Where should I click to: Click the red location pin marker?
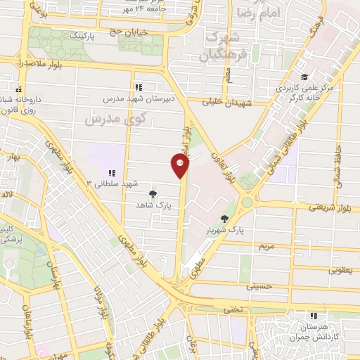click(x=181, y=166)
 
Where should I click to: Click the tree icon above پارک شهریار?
click(x=224, y=219)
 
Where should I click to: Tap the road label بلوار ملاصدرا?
click(x=39, y=64)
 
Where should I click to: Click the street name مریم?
click(x=266, y=247)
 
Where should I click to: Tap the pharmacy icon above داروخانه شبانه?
click(x=19, y=90)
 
